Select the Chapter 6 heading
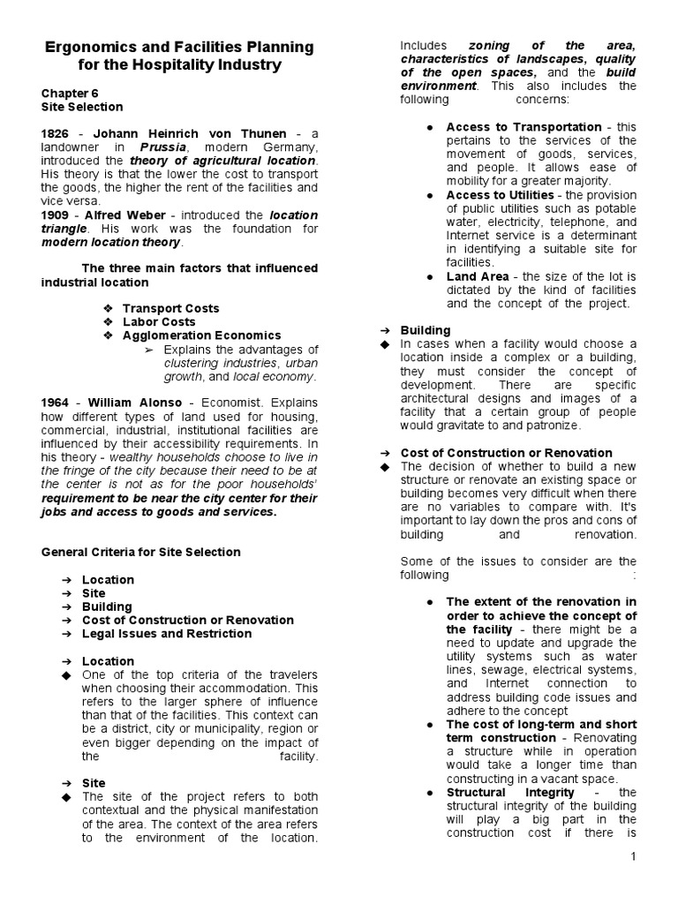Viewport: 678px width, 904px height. (x=70, y=93)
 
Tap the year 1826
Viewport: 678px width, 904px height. (x=55, y=133)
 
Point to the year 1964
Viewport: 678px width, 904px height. (x=55, y=403)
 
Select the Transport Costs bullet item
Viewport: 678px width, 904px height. (x=170, y=308)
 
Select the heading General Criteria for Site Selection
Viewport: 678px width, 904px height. (x=140, y=552)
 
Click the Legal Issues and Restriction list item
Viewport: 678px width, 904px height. (x=166, y=634)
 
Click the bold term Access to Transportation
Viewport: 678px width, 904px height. (x=524, y=127)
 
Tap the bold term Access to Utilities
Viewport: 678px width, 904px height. (x=500, y=195)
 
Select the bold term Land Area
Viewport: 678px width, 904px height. (x=478, y=276)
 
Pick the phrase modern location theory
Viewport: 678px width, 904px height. (x=110, y=242)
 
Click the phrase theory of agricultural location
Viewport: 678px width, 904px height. (x=222, y=161)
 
